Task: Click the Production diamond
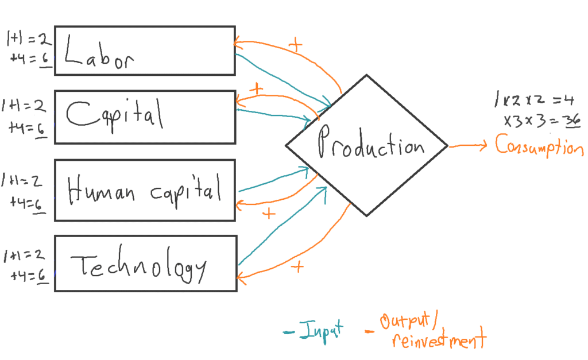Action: point(366,145)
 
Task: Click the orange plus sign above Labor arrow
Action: point(296,46)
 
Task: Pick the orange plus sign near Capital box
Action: point(257,90)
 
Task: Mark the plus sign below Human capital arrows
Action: point(268,214)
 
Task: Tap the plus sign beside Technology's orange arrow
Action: point(297,266)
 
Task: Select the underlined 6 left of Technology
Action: point(42,276)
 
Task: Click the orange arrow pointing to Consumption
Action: point(468,146)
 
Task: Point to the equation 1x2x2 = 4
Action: point(534,100)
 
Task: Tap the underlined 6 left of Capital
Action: point(41,129)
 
